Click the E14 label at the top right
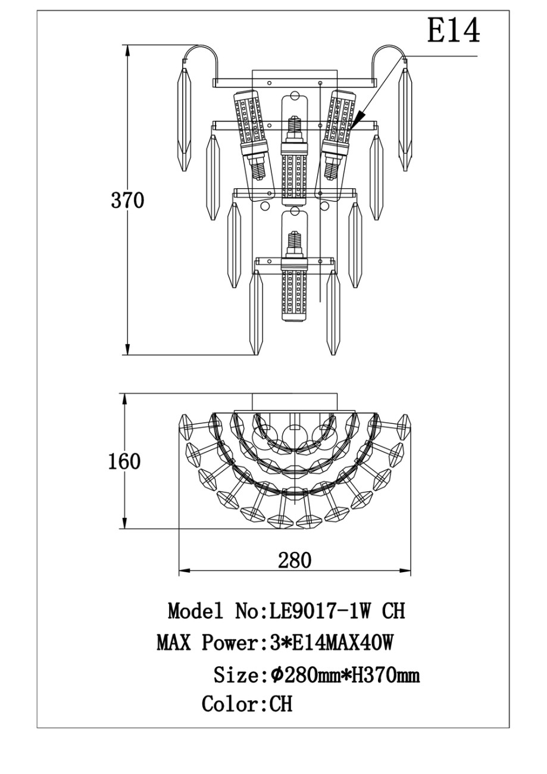pyautogui.click(x=454, y=31)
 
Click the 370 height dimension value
pyautogui.click(x=127, y=201)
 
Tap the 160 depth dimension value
pyautogui.click(x=124, y=461)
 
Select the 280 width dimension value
pyautogui.click(x=295, y=560)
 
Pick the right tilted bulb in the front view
pyautogui.click(x=337, y=135)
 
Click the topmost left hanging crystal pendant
pyautogui.click(x=184, y=119)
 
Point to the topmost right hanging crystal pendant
pyautogui.click(x=405, y=119)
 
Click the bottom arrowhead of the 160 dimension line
pyautogui.click(x=124, y=523)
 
